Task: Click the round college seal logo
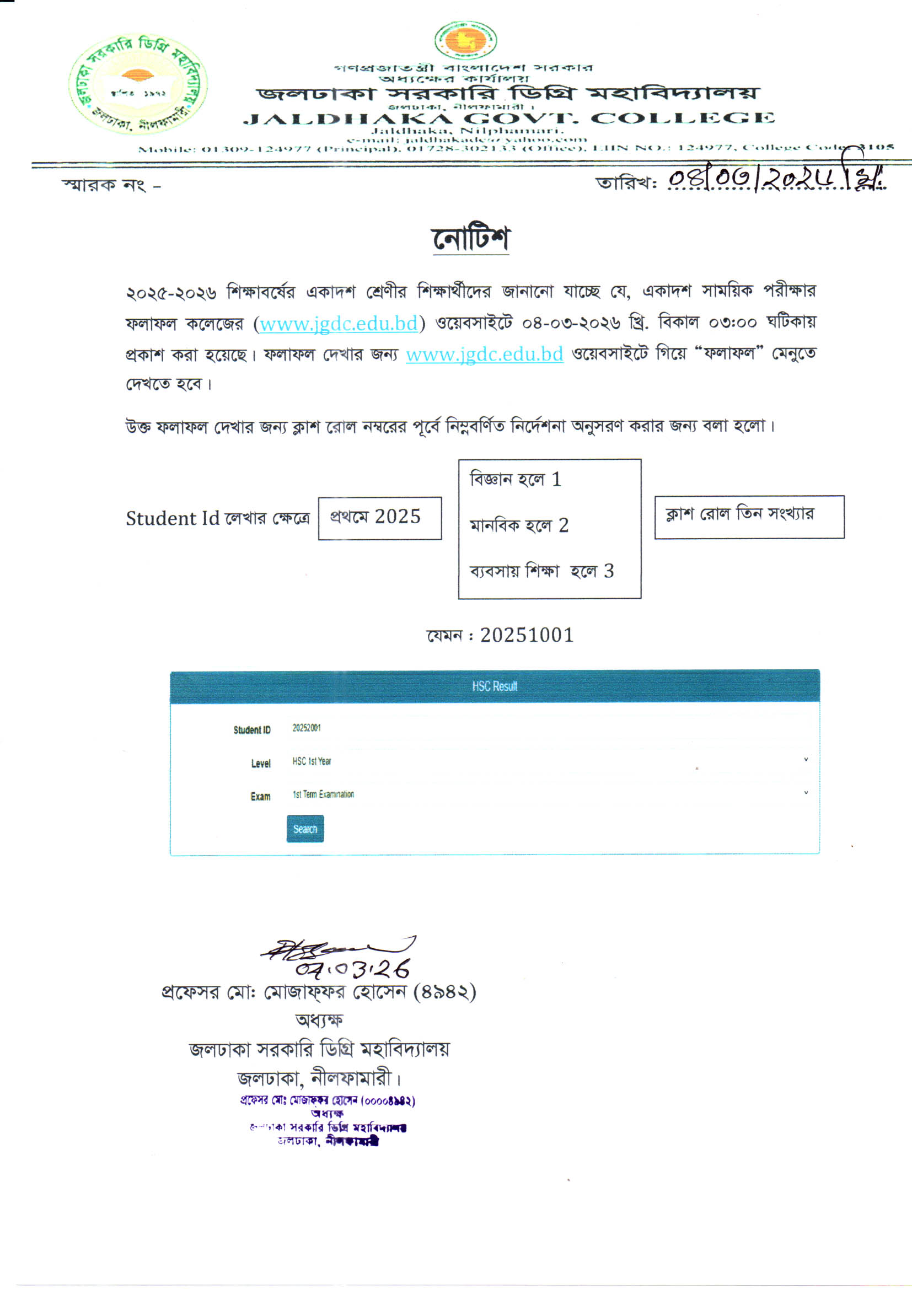pos(138,84)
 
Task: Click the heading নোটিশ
pos(470,239)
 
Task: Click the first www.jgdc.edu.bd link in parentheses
pos(339,324)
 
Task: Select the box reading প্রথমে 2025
pos(379,518)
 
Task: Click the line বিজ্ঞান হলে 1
pos(516,480)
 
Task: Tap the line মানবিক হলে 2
pos(519,525)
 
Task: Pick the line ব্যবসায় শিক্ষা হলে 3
pos(541,572)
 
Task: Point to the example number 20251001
pos(526,636)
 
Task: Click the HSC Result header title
pos(494,686)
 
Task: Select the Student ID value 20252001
pos(307,728)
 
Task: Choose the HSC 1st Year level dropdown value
pos(312,761)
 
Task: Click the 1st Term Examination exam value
pos(323,794)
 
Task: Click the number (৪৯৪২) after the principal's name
pos(444,992)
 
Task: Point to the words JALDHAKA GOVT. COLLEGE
pos(508,119)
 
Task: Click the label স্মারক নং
pos(104,185)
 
